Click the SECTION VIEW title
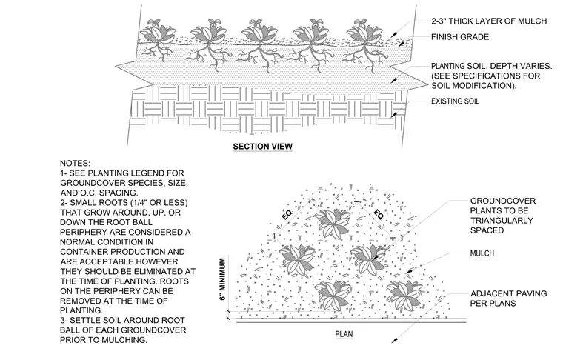(262, 147)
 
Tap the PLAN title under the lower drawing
(344, 334)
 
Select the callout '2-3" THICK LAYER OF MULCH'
(489, 21)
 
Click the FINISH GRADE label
(460, 37)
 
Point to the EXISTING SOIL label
(456, 101)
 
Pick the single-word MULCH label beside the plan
(482, 253)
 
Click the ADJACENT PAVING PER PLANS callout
(508, 299)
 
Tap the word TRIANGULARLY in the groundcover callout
(502, 221)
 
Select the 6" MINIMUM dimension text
(223, 279)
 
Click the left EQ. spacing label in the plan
(287, 213)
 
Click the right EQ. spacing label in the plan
(379, 214)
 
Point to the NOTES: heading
(75, 163)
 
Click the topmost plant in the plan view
(333, 223)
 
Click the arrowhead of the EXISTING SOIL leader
(394, 115)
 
